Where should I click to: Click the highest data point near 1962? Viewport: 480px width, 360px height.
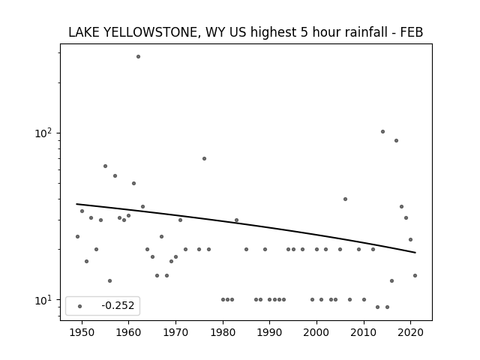click(138, 57)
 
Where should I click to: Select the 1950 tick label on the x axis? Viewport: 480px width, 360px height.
click(82, 332)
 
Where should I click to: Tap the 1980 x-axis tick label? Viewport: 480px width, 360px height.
click(223, 332)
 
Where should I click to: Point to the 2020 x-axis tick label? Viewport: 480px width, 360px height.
click(411, 332)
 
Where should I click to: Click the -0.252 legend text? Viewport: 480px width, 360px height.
click(118, 305)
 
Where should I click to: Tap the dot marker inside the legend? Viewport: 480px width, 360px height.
click(80, 306)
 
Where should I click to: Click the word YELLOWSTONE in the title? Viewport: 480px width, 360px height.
click(150, 32)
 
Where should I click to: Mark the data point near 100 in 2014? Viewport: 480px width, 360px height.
click(382, 132)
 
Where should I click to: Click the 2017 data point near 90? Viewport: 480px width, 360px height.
click(396, 140)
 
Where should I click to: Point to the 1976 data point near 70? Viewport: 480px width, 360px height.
click(204, 158)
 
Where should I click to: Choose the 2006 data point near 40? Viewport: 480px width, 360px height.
click(345, 199)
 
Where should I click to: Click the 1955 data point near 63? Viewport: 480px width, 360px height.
click(105, 166)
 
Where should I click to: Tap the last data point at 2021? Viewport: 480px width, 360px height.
click(415, 275)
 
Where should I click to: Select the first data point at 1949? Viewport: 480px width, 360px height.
click(77, 237)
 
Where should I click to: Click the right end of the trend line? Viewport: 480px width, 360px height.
click(415, 253)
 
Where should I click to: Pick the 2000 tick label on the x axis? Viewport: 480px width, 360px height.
click(316, 332)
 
